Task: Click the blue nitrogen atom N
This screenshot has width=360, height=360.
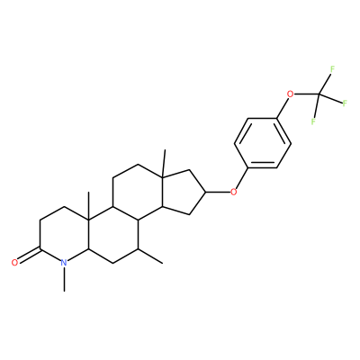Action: coord(63,263)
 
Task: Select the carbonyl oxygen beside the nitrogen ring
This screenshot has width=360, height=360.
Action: coord(14,263)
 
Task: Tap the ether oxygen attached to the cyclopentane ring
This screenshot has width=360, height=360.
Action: coord(233,192)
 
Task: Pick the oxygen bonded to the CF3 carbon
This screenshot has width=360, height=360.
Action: coord(290,94)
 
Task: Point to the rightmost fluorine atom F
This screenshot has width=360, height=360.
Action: coord(345,103)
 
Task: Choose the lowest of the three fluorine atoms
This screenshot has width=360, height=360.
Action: coord(313,121)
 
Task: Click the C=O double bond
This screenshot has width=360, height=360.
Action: coord(28,255)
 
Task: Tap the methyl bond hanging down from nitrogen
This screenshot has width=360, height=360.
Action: coord(64,279)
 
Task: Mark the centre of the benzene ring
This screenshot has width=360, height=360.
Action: coord(263,143)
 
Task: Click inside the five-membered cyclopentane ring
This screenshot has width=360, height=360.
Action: coord(183,192)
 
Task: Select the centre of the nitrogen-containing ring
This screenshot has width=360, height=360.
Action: coord(64,236)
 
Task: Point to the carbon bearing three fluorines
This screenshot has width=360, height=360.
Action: coord(319,94)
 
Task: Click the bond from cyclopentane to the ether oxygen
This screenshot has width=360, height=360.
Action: coord(218,192)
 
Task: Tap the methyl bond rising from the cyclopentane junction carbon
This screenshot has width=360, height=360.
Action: coord(164,165)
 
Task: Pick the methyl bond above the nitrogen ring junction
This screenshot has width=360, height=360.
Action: coord(89,207)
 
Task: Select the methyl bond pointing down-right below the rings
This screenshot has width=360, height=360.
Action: coord(150,256)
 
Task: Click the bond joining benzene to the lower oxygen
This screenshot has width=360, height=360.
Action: coord(242,177)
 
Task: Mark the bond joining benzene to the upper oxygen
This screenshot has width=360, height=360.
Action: coord(282,108)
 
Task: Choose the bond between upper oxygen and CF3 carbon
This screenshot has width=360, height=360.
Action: coord(307,94)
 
